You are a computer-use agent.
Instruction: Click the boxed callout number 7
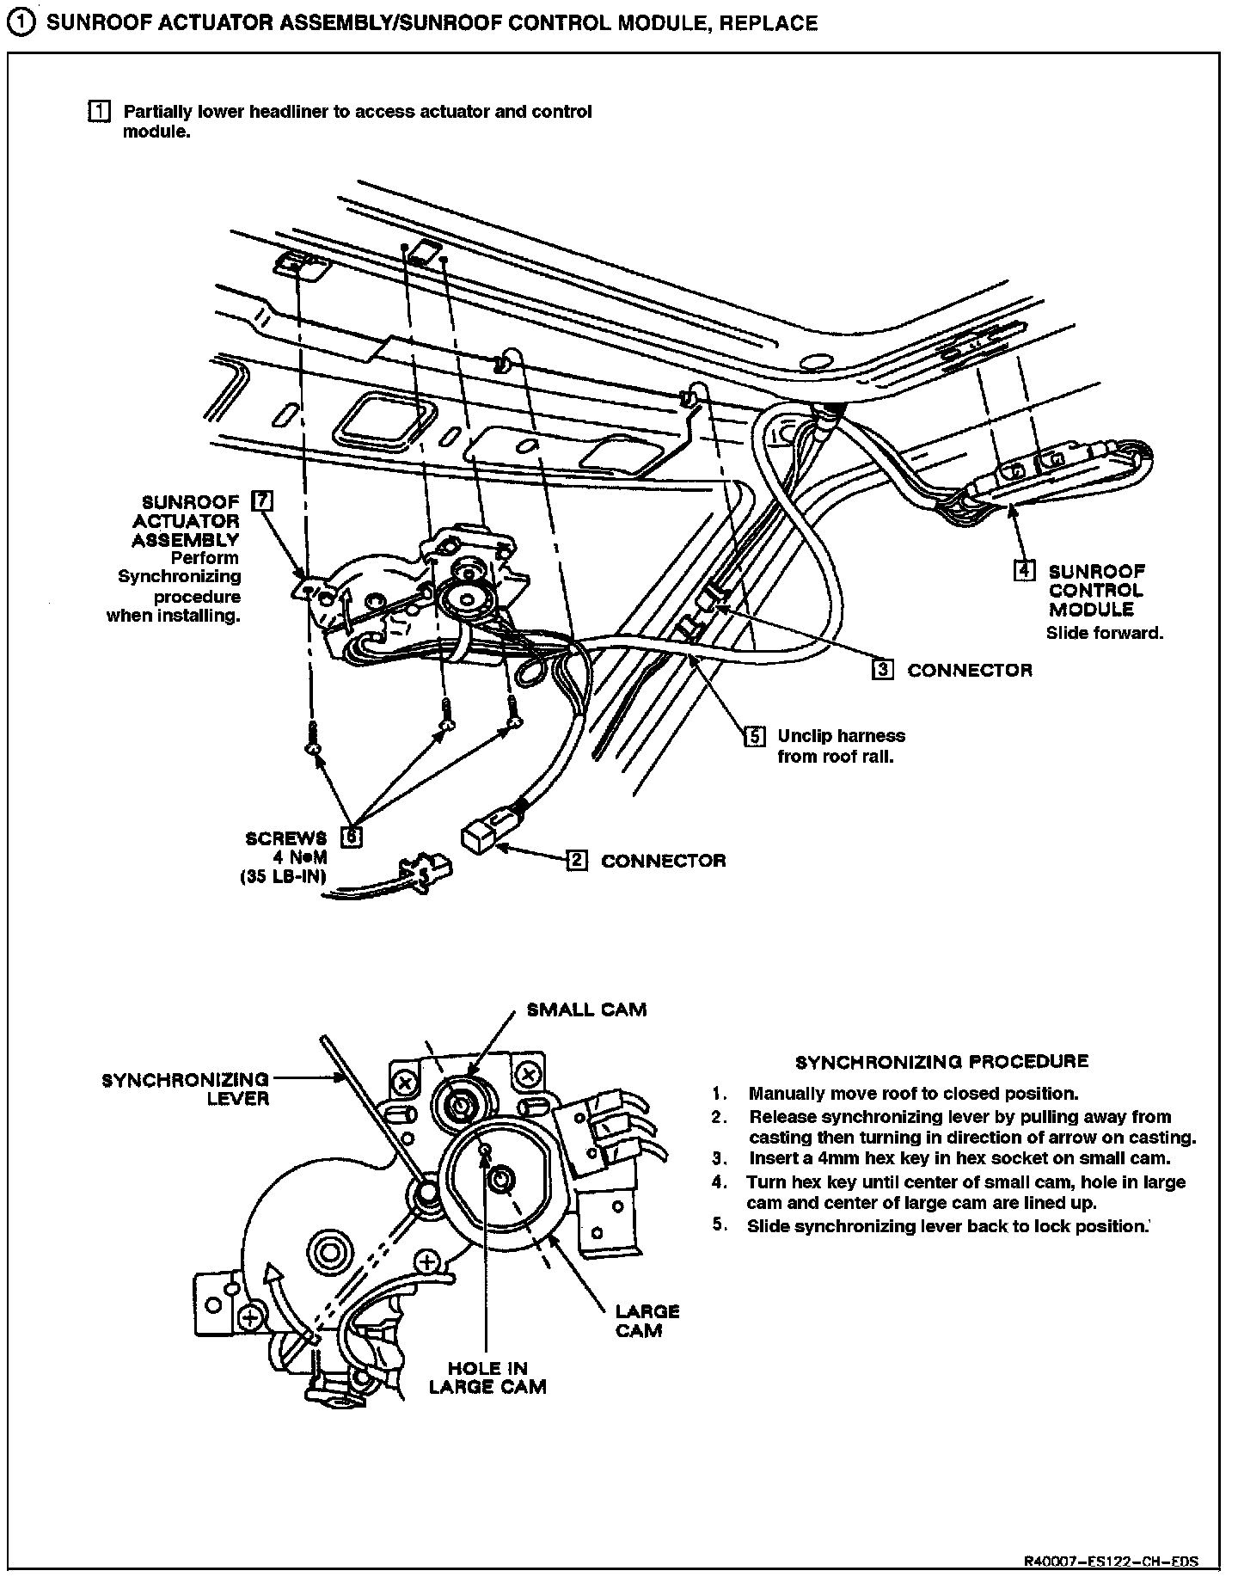(x=263, y=501)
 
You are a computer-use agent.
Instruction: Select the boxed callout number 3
(x=883, y=669)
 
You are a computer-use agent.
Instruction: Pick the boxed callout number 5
(x=754, y=736)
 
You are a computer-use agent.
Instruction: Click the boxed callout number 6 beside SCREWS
(x=351, y=836)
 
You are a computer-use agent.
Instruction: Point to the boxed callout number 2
(x=577, y=860)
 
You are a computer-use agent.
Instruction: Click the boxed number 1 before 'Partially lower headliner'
(x=100, y=112)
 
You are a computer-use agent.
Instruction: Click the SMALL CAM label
(x=586, y=1009)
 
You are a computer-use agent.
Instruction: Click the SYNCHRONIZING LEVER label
(x=186, y=1089)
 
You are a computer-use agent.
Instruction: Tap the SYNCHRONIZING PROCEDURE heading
(x=941, y=1061)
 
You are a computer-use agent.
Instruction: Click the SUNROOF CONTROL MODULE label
(x=1096, y=590)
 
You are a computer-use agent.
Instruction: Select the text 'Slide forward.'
(x=1104, y=633)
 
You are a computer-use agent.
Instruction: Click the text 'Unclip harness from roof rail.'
(x=840, y=746)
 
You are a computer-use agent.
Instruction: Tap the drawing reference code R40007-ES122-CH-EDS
(x=1111, y=1561)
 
